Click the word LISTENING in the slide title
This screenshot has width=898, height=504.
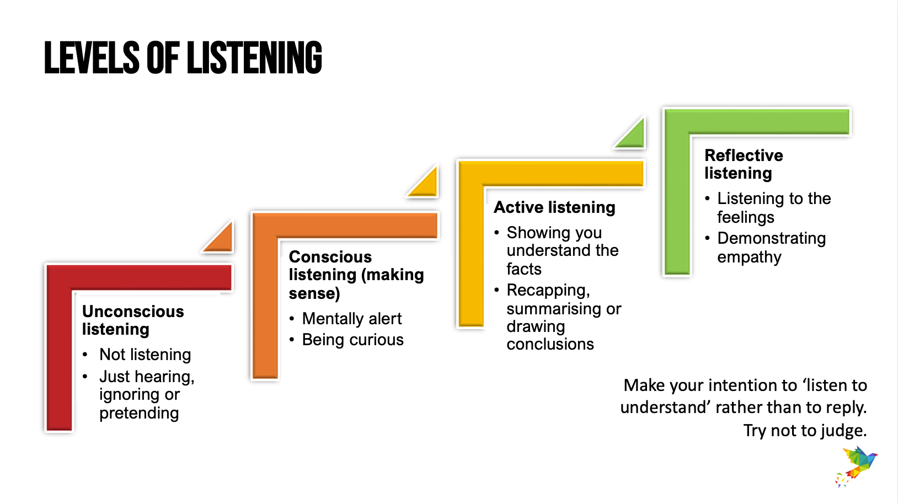click(254, 58)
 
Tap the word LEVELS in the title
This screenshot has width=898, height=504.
click(92, 58)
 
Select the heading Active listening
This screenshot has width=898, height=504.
click(554, 207)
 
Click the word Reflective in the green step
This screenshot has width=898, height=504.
click(744, 155)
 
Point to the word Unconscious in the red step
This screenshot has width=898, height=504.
click(133, 312)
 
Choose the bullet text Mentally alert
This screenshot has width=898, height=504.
click(351, 319)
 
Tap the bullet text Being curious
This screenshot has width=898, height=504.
click(352, 340)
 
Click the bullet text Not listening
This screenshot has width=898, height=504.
click(145, 355)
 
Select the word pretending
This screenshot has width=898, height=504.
click(139, 413)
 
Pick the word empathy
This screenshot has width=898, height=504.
click(749, 257)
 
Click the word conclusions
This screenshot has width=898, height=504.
click(550, 344)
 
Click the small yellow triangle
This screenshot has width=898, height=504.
click(425, 183)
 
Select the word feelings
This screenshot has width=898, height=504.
click(746, 218)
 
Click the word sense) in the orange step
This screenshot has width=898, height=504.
click(314, 294)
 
